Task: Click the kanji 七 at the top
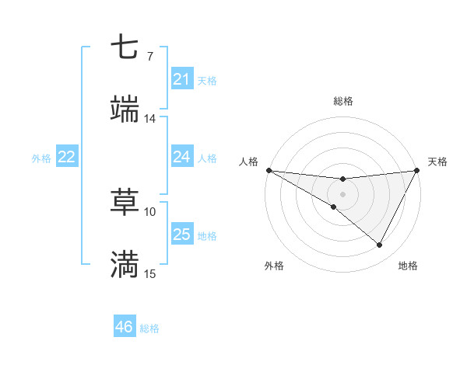(125, 48)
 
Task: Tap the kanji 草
(125, 203)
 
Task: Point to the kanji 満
(125, 264)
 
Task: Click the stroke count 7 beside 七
(149, 57)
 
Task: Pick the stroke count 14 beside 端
(149, 119)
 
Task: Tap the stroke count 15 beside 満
(150, 274)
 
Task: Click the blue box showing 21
(181, 79)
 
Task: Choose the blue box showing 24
(181, 157)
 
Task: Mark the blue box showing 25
(181, 235)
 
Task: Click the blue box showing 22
(66, 157)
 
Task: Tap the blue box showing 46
(125, 327)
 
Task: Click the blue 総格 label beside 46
(149, 328)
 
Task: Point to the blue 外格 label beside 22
(41, 158)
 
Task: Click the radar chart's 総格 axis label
(342, 101)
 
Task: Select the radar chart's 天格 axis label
(437, 162)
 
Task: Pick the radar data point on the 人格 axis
(269, 169)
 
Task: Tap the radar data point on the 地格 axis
(379, 245)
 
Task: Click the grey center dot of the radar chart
(342, 193)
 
